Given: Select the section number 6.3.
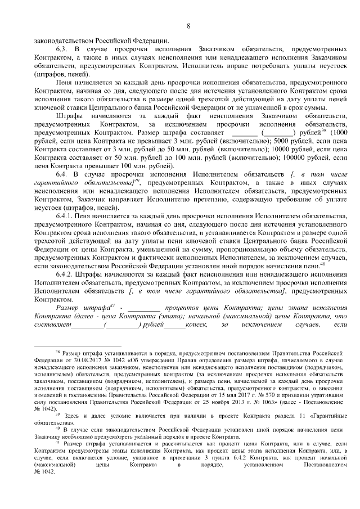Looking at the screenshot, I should tap(62, 49).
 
